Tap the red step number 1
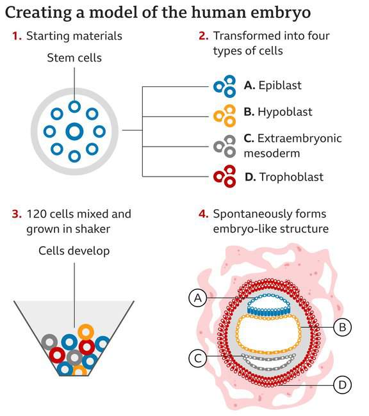17,36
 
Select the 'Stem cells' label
74,58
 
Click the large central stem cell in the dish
74,131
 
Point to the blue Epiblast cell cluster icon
225,86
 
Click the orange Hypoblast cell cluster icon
225,116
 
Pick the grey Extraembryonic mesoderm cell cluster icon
225,147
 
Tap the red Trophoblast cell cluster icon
225,177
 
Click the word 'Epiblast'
280,85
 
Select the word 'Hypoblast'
285,112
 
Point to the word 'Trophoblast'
291,177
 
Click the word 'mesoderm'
272,154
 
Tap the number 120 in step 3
36,214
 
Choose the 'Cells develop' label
74,251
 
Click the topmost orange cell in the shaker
86,332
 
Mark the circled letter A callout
198,298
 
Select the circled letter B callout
343,327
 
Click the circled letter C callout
198,358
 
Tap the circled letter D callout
343,385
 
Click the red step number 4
204,214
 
